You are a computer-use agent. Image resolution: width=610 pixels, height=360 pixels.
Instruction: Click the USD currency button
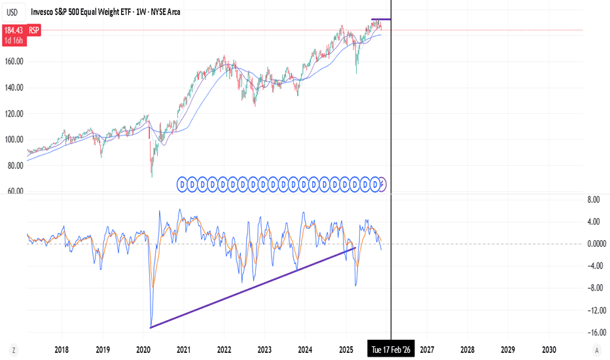click(x=12, y=12)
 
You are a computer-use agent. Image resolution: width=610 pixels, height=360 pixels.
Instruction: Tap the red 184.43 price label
click(x=14, y=30)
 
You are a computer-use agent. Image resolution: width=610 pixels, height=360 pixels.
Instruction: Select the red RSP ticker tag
click(x=34, y=30)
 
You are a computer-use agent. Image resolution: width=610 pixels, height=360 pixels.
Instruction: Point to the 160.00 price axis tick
click(x=14, y=61)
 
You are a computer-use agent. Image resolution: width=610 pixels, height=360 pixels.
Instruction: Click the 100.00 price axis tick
click(x=14, y=139)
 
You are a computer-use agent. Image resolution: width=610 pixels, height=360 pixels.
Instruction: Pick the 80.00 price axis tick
click(x=16, y=166)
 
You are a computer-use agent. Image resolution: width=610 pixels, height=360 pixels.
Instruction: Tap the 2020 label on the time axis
click(x=143, y=350)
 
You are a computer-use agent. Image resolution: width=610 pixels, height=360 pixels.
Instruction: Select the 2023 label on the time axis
click(x=264, y=350)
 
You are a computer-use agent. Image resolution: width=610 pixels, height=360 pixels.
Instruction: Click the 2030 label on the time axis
click(x=549, y=350)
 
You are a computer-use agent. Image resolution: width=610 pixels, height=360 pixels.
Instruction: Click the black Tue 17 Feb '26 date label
click(x=391, y=349)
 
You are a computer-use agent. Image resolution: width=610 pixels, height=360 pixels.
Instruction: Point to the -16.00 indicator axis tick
click(x=596, y=333)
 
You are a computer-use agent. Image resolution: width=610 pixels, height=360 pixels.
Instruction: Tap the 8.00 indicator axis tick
click(x=594, y=200)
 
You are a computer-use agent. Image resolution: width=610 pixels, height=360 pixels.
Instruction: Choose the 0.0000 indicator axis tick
click(x=597, y=243)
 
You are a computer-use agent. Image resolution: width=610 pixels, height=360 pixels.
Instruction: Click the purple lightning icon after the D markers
click(x=382, y=184)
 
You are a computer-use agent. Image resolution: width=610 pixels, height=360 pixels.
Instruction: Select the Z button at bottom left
click(x=14, y=350)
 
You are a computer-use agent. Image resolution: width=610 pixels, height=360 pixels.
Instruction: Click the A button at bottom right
click(x=597, y=350)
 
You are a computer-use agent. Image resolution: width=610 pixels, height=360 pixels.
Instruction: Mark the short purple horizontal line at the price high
click(x=381, y=19)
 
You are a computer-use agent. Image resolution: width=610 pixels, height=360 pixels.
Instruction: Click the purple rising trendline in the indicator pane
click(x=253, y=287)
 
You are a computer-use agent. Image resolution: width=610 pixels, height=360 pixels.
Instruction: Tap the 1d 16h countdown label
click(x=14, y=41)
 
